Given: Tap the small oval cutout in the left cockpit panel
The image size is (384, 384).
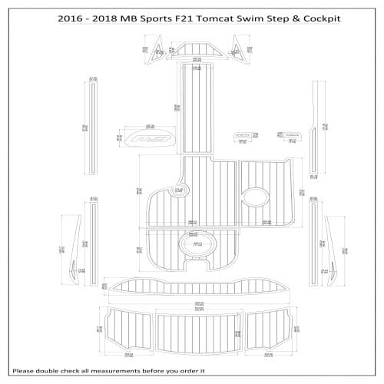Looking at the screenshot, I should pos(178,190).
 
